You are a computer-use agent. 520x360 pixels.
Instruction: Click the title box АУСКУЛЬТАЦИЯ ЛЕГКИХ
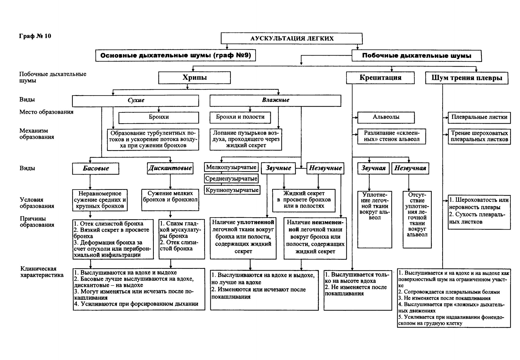(292, 38)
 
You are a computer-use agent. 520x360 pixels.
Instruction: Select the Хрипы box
(195, 78)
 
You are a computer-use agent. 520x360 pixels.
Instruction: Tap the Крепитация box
(380, 78)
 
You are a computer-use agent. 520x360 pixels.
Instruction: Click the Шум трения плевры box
(467, 78)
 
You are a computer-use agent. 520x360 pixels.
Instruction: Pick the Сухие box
(135, 101)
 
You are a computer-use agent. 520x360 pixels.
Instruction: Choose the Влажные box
(275, 101)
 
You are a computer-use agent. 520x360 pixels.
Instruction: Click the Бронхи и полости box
(240, 117)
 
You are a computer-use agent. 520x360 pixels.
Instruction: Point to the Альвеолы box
(386, 117)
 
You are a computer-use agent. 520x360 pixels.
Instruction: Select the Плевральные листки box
(479, 118)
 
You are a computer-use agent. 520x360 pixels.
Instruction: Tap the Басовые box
(96, 169)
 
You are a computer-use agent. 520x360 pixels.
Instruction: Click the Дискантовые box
(170, 169)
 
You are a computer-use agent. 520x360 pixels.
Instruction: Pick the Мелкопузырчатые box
(231, 167)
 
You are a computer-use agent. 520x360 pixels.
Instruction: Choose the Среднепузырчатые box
(231, 178)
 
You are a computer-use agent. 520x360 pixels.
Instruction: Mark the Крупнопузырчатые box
(232, 190)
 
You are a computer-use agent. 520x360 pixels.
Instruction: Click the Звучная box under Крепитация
(373, 169)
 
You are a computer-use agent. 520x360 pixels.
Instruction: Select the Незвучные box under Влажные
(325, 168)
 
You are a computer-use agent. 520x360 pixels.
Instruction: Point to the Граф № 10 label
(35, 36)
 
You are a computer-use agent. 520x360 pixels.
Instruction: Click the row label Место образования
(46, 112)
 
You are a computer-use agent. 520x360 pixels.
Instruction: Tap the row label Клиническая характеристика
(42, 272)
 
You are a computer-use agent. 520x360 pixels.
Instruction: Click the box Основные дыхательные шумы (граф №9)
(176, 55)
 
